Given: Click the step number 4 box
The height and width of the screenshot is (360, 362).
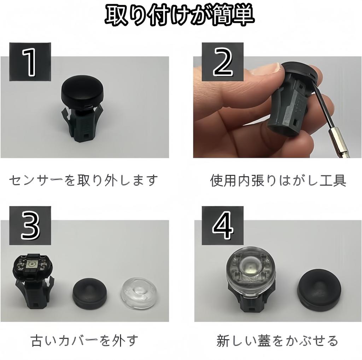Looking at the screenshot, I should (x=222, y=227).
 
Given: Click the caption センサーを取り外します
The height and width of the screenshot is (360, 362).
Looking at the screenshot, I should (x=83, y=181).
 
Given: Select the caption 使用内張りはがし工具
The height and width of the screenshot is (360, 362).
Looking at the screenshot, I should (x=278, y=181).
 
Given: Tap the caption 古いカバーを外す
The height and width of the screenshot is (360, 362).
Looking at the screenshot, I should (x=84, y=341).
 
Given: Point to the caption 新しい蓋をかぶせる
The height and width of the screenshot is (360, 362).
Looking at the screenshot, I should (x=277, y=341).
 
